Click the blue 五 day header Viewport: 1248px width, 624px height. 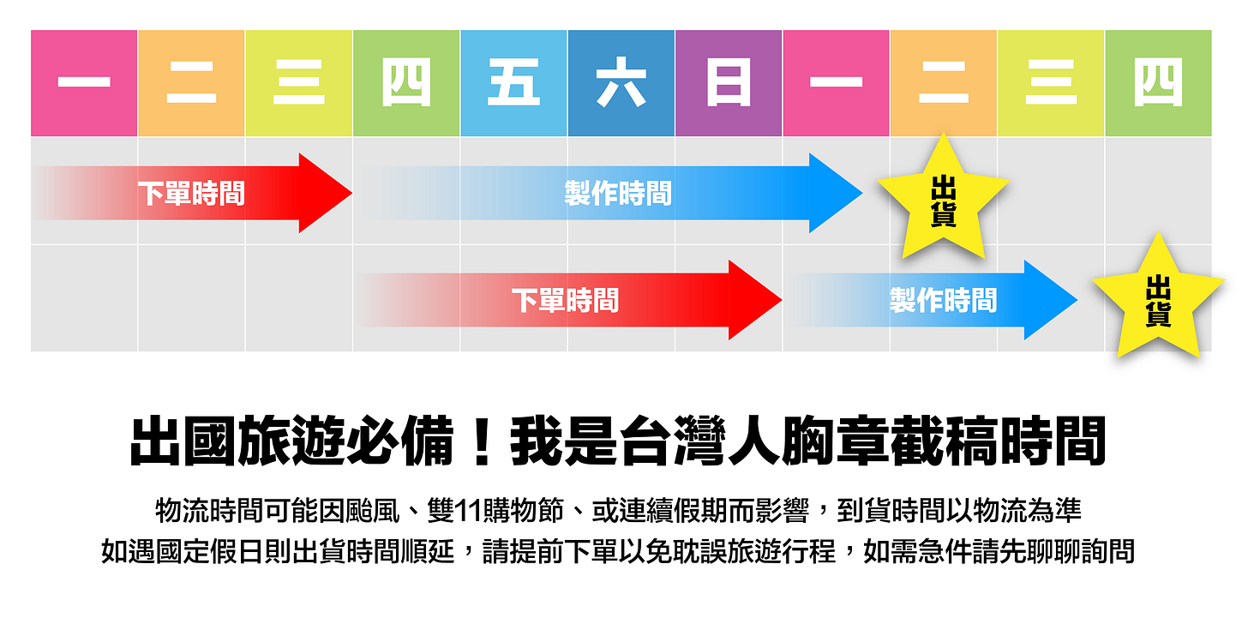[x=513, y=83]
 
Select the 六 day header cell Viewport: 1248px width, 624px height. [x=621, y=83]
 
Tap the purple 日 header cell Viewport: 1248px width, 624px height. [x=729, y=83]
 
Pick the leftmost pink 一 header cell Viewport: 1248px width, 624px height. [x=84, y=83]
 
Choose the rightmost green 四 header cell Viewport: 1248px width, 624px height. [x=1158, y=83]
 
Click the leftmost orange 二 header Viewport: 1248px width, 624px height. [x=191, y=83]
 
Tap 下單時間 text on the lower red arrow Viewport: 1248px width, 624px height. [x=565, y=301]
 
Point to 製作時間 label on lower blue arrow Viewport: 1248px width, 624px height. [x=943, y=301]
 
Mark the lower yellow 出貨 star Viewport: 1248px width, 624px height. [x=1158, y=300]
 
